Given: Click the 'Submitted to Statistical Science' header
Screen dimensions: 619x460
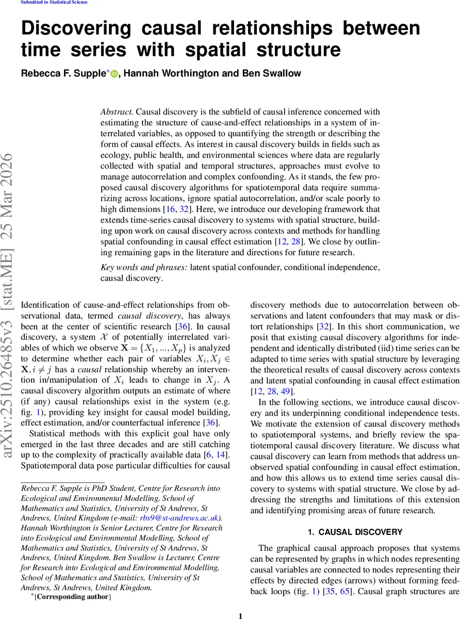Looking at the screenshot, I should pyautogui.click(x=54, y=3).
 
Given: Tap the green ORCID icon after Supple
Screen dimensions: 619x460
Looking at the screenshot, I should pyautogui.click(x=114, y=74).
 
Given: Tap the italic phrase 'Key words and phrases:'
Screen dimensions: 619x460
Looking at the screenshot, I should pyautogui.click(x=144, y=267).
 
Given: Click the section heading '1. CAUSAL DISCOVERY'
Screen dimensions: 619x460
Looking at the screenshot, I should pyautogui.click(x=355, y=532).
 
